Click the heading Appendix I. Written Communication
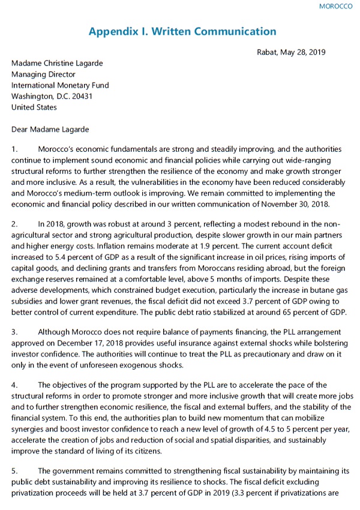point(182,32)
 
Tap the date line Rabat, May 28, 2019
point(291,52)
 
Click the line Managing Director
point(44,75)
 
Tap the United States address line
point(34,107)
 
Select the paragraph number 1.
point(15,149)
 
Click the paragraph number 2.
point(15,224)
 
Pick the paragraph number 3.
point(15,332)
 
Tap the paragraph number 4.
point(15,386)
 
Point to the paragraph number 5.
point(15,472)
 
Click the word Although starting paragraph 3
point(57,332)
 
